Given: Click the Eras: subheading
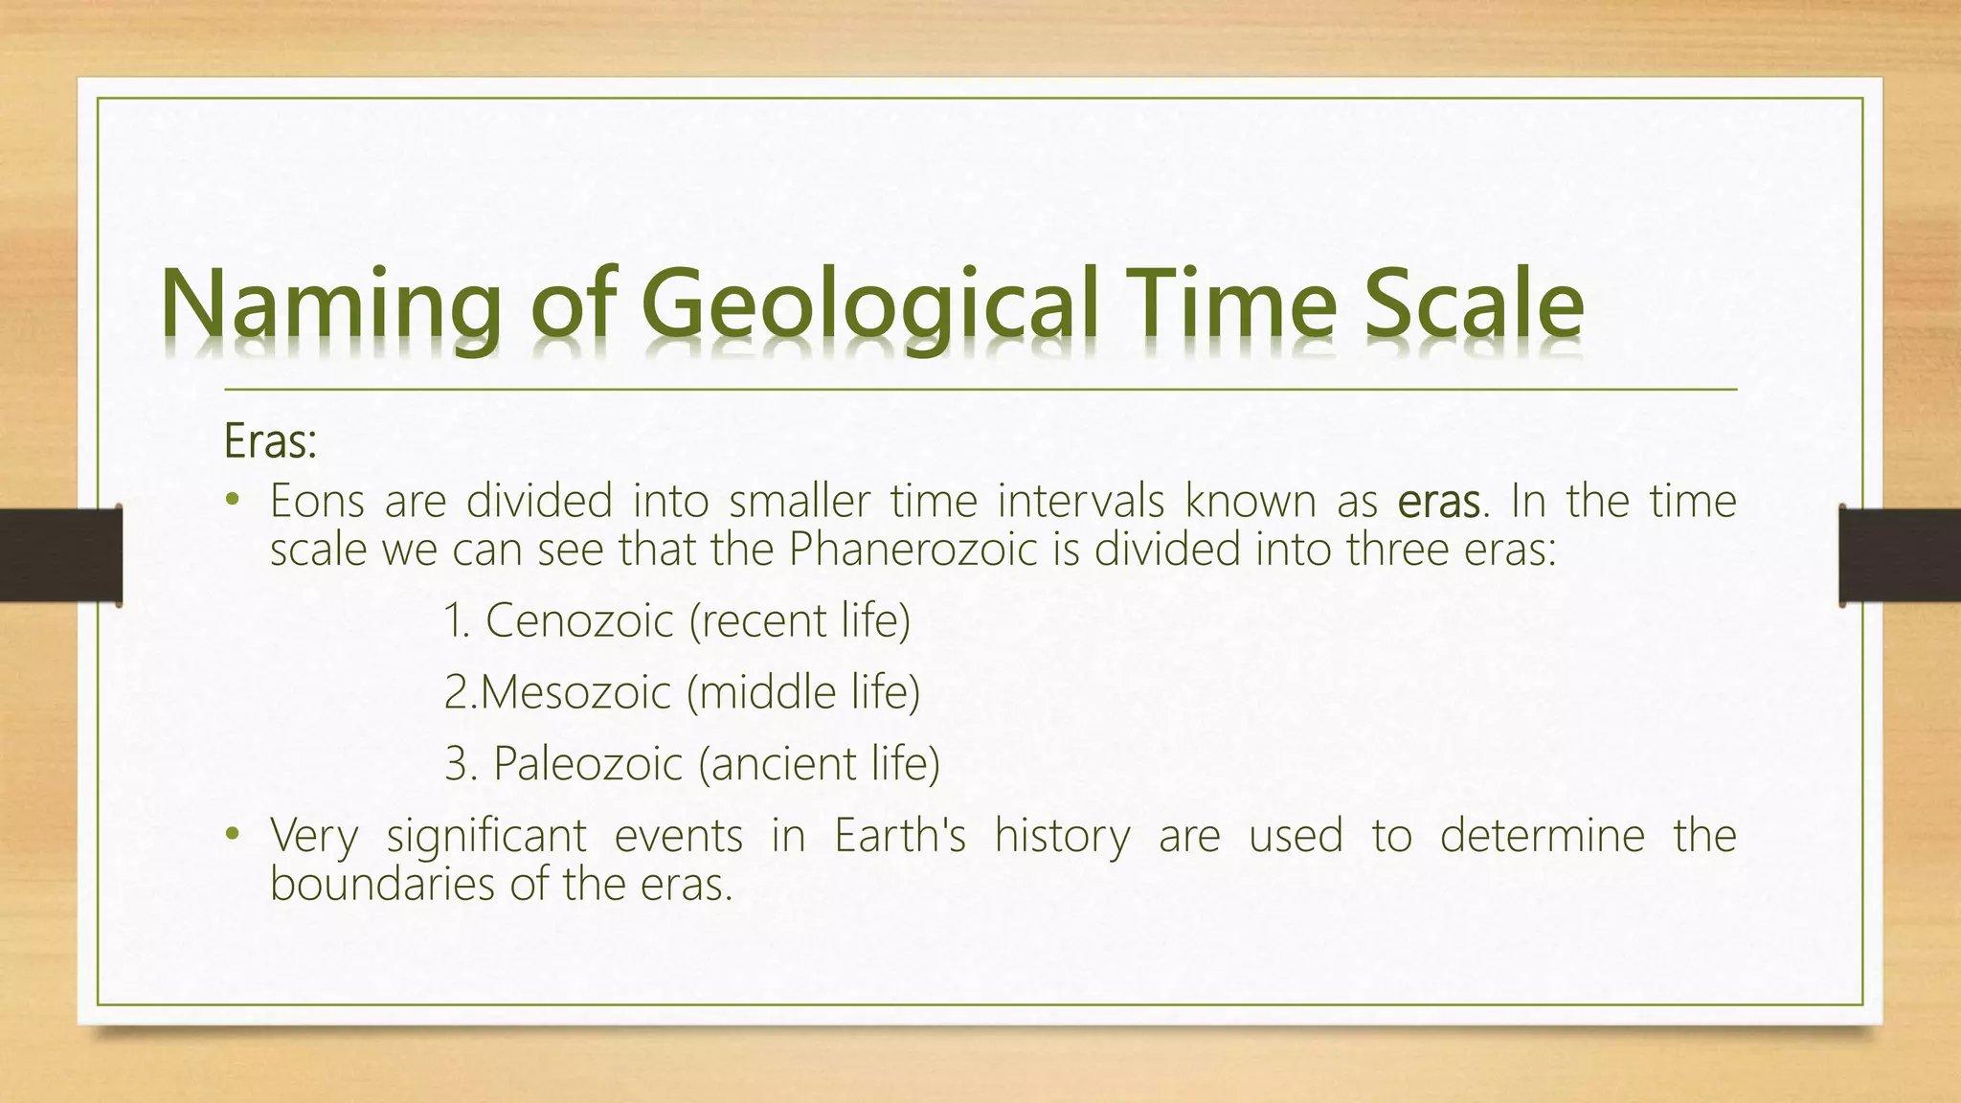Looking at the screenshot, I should [x=270, y=442].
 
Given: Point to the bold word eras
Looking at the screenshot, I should [x=1438, y=502].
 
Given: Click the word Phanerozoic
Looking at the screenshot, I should [x=913, y=550].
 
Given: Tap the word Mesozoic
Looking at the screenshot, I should [x=575, y=692].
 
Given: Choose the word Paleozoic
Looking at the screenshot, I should [x=587, y=764].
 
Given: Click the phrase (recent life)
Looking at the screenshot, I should [x=800, y=620].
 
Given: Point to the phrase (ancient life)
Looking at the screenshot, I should [x=819, y=764].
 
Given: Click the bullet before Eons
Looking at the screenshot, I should [x=231, y=501].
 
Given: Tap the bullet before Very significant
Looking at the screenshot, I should [x=231, y=835].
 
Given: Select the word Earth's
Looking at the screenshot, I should [x=899, y=835].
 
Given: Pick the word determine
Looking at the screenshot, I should [x=1542, y=835].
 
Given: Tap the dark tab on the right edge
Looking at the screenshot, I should [x=1900, y=555].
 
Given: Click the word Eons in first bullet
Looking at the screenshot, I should [x=317, y=502].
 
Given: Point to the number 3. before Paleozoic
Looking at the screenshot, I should [x=461, y=764].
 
